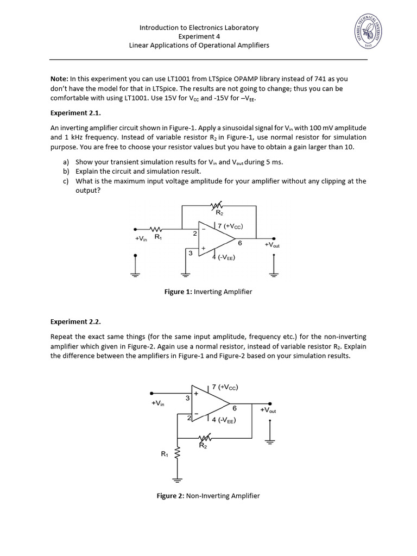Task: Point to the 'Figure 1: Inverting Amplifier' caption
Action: [208, 292]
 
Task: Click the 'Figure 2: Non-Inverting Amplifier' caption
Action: [208, 496]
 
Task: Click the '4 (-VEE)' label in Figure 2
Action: [224, 420]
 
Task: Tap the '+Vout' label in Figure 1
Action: [272, 245]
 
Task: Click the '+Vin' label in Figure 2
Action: [158, 403]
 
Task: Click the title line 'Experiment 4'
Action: [199, 36]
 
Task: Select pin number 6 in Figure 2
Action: [235, 408]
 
